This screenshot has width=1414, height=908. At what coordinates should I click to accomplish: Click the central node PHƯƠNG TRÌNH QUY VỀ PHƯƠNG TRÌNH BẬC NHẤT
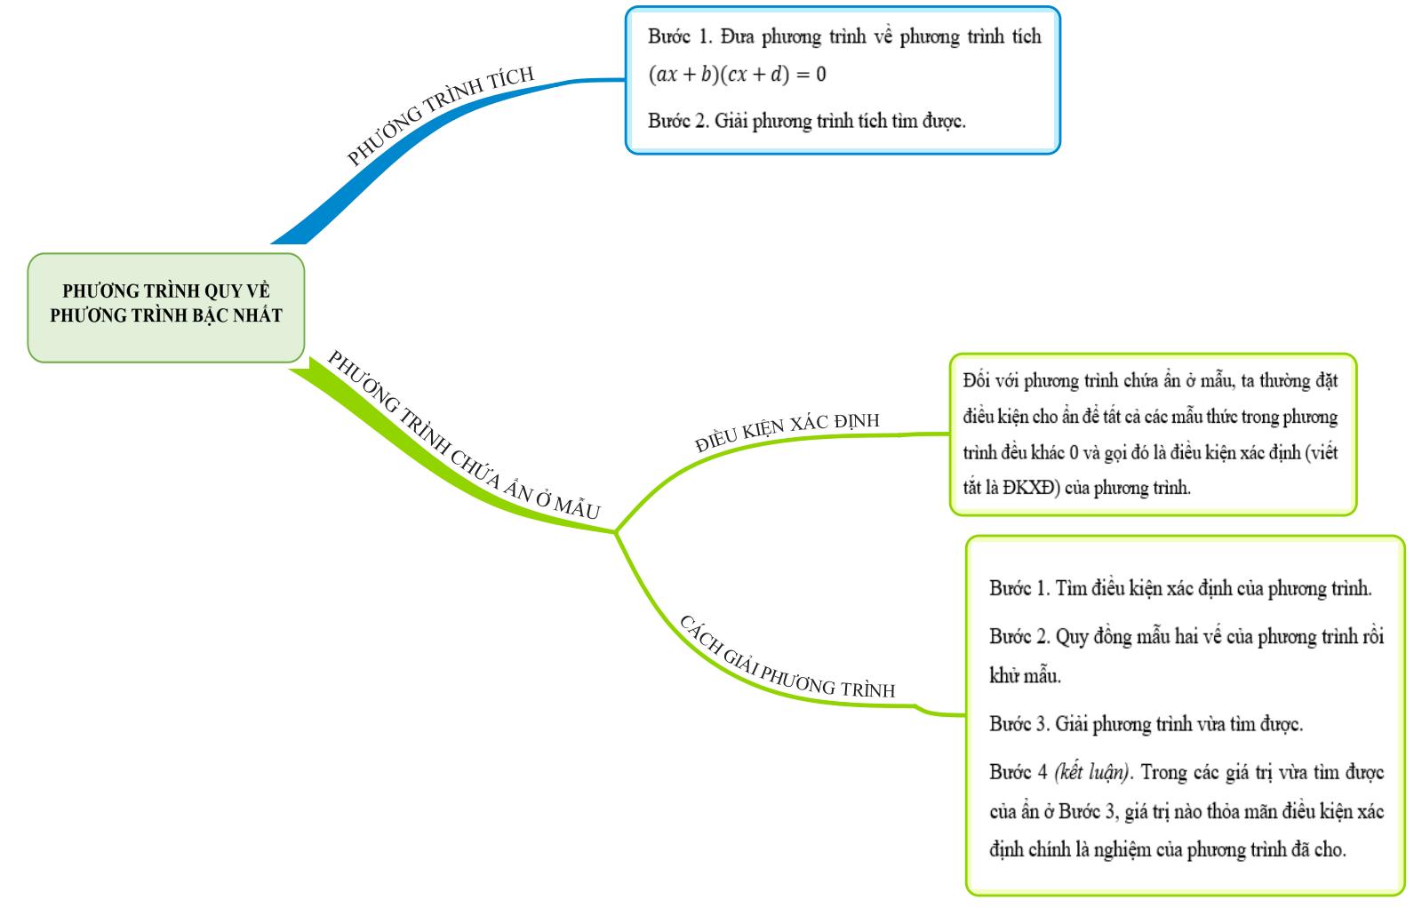pos(166,308)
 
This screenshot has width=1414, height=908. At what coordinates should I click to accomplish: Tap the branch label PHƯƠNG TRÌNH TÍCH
pos(441,115)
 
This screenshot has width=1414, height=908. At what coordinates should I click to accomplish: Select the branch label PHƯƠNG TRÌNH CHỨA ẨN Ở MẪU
pos(464,435)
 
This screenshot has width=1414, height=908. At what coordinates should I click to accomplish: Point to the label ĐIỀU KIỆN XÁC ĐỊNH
pos(787,432)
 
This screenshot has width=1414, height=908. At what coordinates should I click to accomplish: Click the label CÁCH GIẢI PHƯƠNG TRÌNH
pos(787,658)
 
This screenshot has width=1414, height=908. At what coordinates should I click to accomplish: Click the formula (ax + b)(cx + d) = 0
pos(737,75)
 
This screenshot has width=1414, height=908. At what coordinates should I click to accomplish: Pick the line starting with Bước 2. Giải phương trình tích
pos(807,120)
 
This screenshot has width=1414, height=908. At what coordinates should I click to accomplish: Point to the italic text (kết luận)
pos(1092,772)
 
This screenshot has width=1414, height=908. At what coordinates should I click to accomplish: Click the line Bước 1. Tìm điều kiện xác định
pos(1180,588)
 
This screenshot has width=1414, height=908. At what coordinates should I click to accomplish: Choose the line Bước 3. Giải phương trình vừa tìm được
pos(1146,723)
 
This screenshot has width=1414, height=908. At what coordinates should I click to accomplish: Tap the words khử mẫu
pos(1025,675)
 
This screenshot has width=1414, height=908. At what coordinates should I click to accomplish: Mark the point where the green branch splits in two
pos(616,532)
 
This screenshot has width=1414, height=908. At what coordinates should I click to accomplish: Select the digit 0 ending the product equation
pos(820,75)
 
